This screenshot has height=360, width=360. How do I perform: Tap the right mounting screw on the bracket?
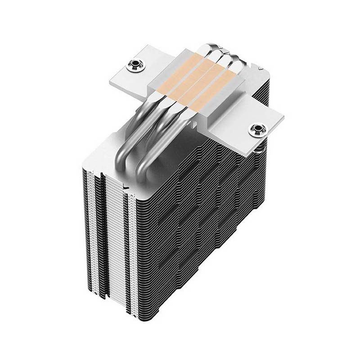(x=258, y=130)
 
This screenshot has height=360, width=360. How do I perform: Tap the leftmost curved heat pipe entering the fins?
(x=130, y=135)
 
